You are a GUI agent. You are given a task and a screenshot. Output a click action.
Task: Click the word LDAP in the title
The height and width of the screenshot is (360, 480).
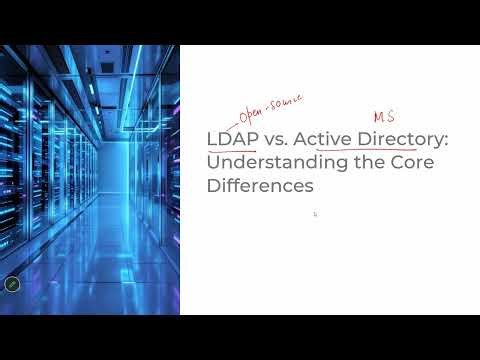[x=231, y=140]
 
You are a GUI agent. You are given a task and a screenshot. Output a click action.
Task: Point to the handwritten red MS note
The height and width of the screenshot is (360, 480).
[x=383, y=117]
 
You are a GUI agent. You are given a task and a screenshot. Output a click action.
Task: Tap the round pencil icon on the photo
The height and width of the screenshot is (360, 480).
[x=12, y=284]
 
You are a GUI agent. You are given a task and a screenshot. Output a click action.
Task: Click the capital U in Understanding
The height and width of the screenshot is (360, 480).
[x=214, y=163]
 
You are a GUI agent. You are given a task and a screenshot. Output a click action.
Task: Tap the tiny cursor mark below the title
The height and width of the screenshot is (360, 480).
[x=315, y=214]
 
